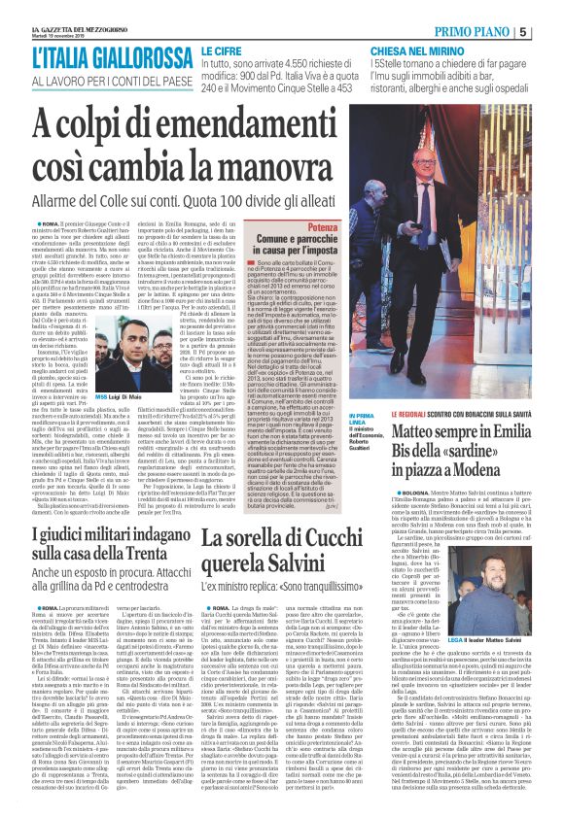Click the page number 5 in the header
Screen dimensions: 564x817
551,32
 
